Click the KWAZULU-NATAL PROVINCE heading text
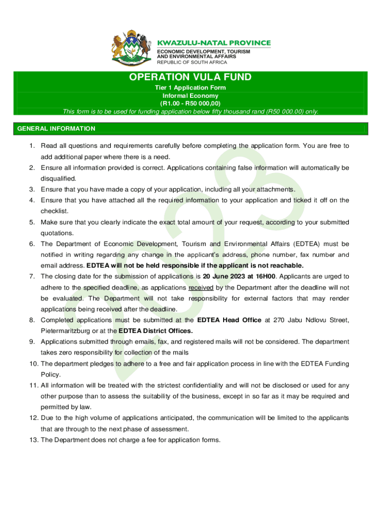point(214,43)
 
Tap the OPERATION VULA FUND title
point(190,77)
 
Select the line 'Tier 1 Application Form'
point(190,88)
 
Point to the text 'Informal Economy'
point(190,95)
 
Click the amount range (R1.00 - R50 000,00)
point(190,103)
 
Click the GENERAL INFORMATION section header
point(56,128)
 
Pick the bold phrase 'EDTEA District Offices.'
point(155,331)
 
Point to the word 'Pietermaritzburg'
point(64,331)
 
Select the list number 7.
point(31,276)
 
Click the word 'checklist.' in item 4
point(54,211)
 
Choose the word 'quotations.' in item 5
point(57,233)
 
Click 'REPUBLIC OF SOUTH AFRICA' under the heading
point(192,62)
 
